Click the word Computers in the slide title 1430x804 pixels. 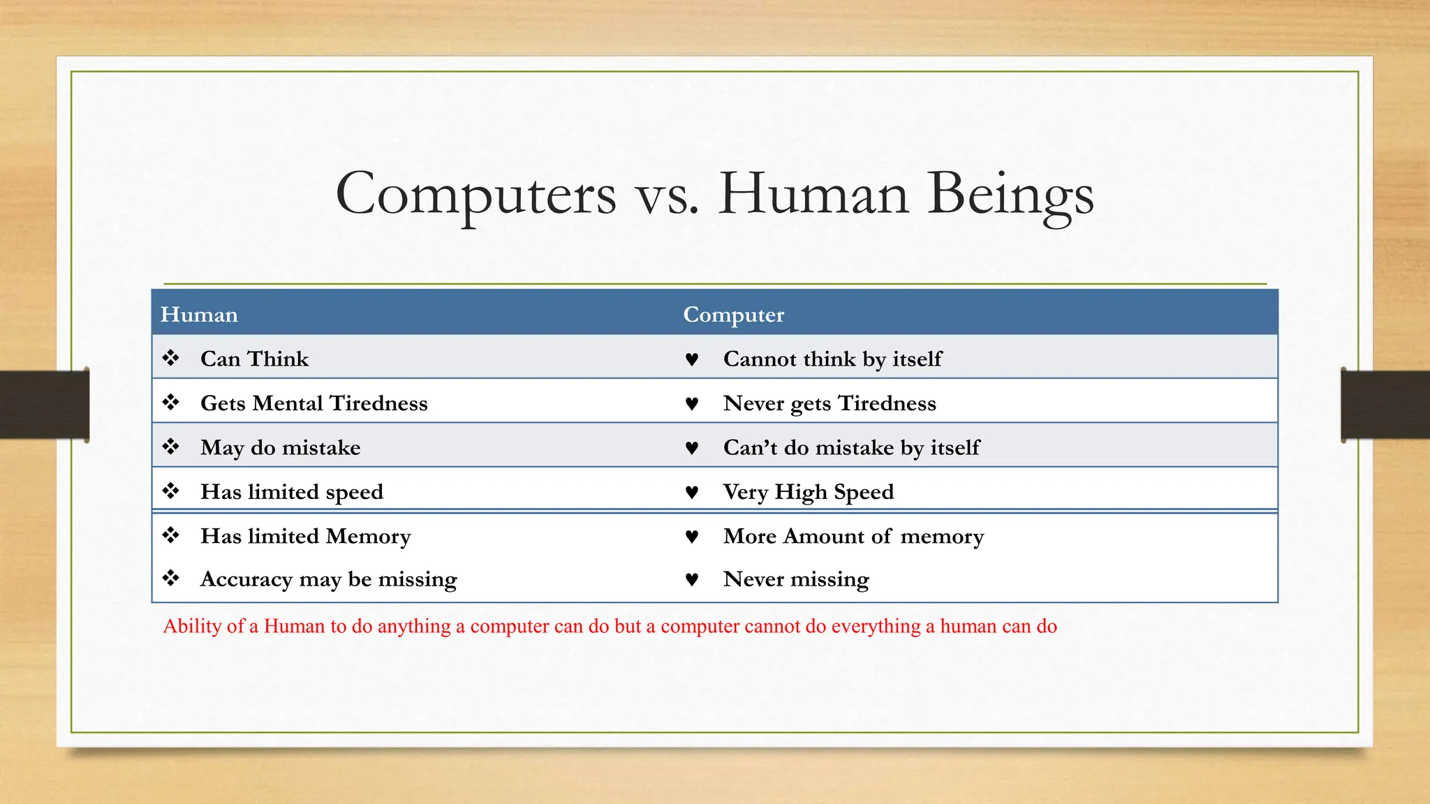pos(476,194)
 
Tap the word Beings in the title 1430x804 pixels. pos(1010,194)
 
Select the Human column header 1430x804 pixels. pos(199,315)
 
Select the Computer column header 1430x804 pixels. pos(733,315)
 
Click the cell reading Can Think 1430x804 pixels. pos(254,359)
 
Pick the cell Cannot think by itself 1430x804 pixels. pos(832,359)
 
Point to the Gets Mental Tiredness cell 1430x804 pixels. pos(314,403)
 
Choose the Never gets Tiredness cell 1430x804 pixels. pos(830,403)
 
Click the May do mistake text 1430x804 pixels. pos(280,447)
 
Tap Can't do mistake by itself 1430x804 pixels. pos(851,447)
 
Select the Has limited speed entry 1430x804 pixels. pos(292,492)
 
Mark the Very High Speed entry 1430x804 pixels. pos(809,492)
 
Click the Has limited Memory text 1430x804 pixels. pos(305,536)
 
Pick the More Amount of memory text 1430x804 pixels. pos(853,536)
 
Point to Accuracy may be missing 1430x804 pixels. pos(328,579)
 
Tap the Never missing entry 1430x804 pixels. pos(796,579)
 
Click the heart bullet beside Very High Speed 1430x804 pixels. pos(691,493)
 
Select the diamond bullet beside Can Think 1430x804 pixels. pos(170,358)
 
